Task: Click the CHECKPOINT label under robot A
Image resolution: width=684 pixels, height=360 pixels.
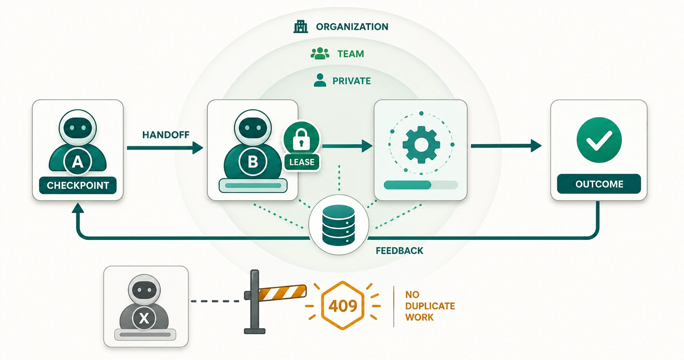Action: point(78,185)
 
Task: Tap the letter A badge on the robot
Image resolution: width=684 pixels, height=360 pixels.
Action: point(78,161)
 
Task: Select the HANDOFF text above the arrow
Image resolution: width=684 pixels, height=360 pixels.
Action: point(166,135)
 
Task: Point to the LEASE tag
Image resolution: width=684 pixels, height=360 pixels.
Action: point(302,162)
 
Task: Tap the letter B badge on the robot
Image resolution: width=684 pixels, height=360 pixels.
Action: point(253,161)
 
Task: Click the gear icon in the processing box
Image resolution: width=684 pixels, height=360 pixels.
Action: point(421,144)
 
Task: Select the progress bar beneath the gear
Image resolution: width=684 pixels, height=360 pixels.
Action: point(421,185)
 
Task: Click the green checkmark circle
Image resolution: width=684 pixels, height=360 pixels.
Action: point(599,140)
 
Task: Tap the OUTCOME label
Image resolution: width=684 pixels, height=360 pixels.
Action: point(599,184)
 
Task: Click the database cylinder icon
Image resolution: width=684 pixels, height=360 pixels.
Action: point(339,225)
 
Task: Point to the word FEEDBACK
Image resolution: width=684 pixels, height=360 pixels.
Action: point(400,251)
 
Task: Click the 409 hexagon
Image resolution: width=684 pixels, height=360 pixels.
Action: point(343,305)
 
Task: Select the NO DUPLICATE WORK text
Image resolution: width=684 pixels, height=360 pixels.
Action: point(430,306)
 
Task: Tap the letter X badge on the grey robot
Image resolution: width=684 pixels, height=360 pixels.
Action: point(144,318)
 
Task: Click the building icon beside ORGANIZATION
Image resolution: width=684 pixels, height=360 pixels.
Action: point(301,27)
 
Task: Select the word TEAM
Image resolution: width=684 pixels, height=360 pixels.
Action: point(351,54)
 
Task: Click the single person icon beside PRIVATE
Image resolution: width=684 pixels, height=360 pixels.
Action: point(320,80)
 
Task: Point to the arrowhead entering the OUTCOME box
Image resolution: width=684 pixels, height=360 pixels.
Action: point(536,146)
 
